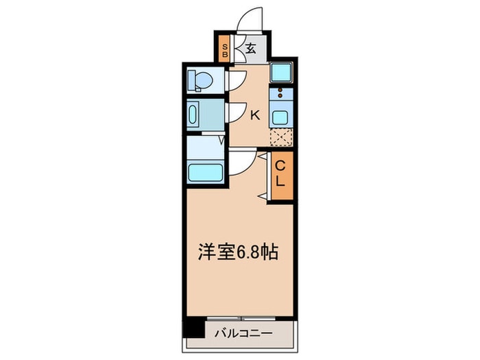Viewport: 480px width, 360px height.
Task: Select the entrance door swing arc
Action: click(248, 19)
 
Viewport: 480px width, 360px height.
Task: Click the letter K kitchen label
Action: click(254, 115)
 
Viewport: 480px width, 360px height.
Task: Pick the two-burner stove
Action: click(280, 94)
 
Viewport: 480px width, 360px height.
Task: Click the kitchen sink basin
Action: click(280, 115)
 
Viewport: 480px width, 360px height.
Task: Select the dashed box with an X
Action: click(280, 137)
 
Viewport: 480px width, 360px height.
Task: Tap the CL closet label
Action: click(280, 176)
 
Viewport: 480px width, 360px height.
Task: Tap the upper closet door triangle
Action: click(263, 157)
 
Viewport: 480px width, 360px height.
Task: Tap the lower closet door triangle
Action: click(263, 197)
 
